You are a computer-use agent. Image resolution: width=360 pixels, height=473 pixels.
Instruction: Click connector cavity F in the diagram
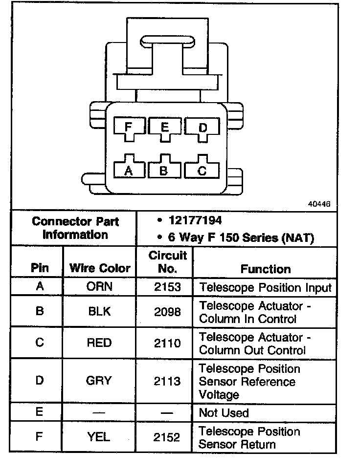tap(129, 128)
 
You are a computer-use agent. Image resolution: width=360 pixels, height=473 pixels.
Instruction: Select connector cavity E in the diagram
tap(165, 128)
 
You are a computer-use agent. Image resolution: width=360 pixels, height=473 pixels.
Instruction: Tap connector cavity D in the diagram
tap(202, 129)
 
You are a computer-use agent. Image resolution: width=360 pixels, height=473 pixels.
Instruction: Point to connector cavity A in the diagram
tap(129, 169)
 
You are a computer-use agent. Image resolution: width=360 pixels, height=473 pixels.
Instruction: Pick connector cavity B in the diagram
tap(164, 169)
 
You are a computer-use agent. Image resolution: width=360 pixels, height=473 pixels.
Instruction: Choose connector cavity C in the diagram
tap(202, 169)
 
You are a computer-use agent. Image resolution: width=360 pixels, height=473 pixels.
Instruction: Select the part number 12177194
tap(195, 221)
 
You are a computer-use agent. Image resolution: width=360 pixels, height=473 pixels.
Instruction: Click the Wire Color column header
tap(100, 268)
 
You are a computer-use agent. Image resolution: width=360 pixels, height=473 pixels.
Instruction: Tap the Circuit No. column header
tap(168, 262)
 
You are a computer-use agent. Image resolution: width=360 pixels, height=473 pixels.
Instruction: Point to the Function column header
tap(265, 269)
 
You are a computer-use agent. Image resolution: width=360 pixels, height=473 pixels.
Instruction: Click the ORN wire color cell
tap(99, 286)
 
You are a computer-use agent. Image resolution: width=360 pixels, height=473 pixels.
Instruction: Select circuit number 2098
tap(167, 312)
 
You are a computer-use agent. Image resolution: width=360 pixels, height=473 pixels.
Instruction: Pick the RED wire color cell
tap(99, 343)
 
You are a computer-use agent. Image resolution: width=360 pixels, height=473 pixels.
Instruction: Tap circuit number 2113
tap(167, 381)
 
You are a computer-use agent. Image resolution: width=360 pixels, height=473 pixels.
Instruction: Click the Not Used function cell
tap(224, 413)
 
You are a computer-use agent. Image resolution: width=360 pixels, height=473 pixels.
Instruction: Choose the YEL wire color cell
tap(99, 438)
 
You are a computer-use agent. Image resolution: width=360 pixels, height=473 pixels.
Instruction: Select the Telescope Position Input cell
tap(265, 287)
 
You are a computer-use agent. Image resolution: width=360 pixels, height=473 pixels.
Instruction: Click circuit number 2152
tap(167, 438)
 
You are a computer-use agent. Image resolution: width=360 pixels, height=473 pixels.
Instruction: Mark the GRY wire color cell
tap(99, 381)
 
